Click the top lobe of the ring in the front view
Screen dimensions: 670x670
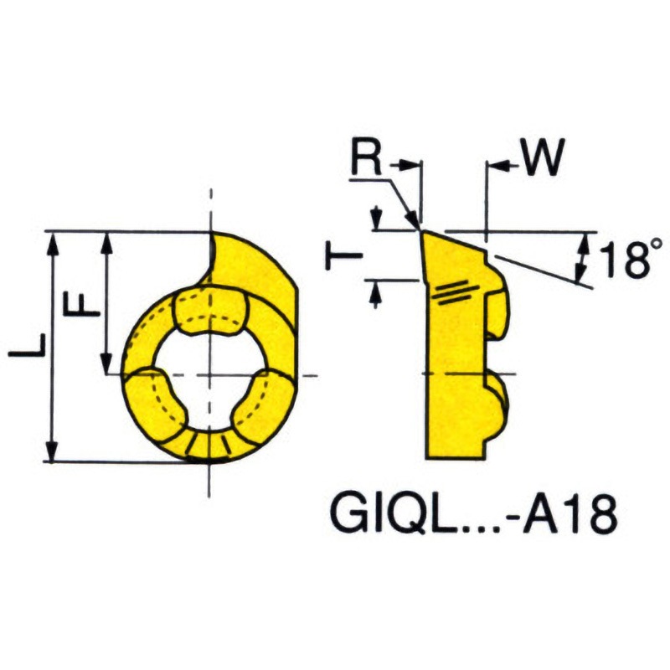pyautogui.click(x=209, y=309)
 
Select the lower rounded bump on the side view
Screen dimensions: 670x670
pyautogui.click(x=497, y=402)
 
